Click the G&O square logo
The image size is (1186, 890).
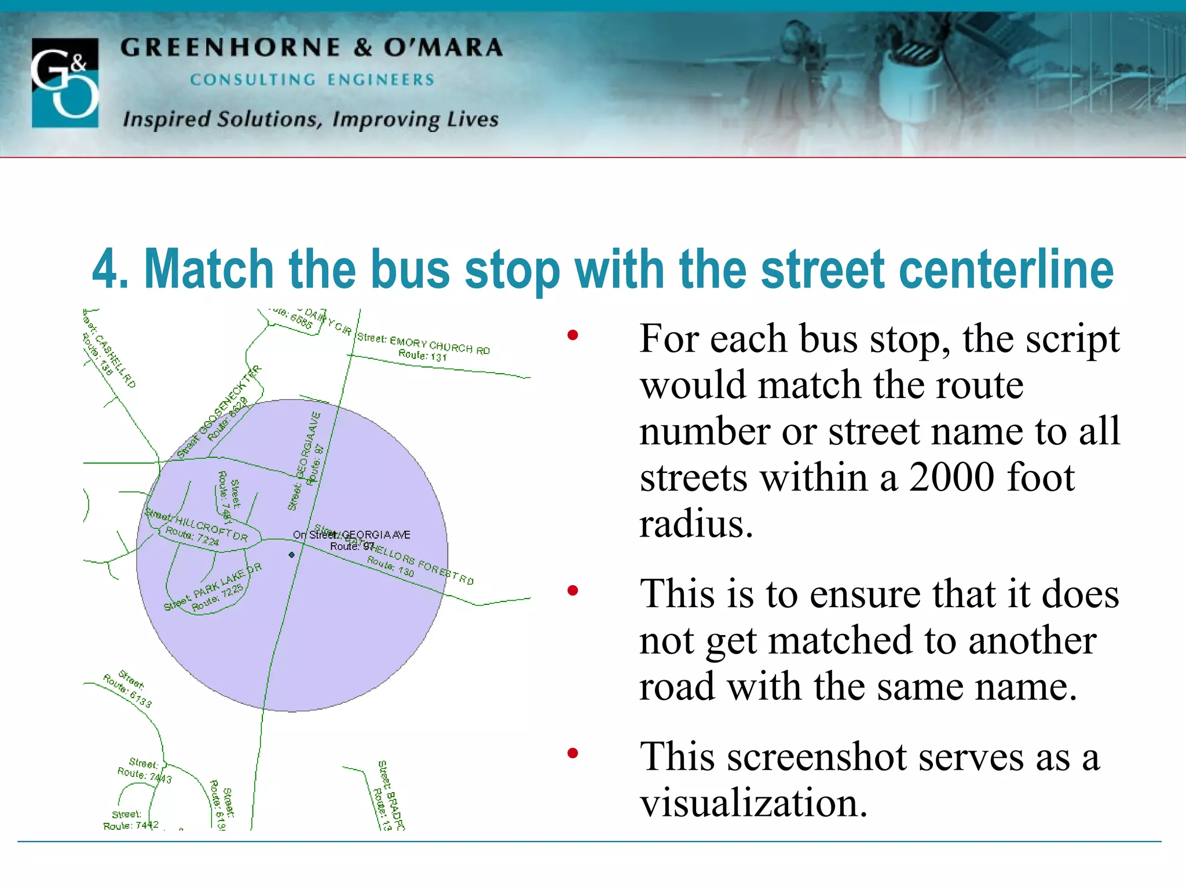point(65,83)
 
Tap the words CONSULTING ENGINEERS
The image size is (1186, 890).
point(312,80)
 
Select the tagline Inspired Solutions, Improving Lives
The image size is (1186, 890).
point(310,119)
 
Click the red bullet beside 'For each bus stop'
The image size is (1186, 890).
point(573,335)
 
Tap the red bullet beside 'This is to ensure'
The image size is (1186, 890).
point(573,591)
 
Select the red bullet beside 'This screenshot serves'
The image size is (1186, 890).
point(573,753)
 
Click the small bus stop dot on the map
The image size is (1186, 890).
point(292,555)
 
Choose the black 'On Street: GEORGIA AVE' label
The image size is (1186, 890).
point(352,535)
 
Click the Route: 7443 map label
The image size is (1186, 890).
point(144,775)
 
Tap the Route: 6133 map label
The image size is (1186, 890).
point(127,691)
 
